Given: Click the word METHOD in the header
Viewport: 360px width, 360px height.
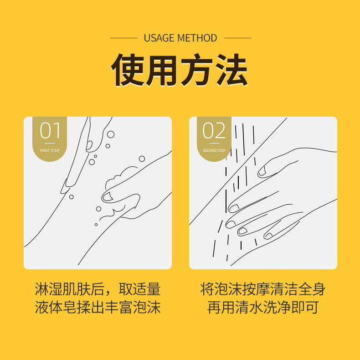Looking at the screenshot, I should click(197, 38).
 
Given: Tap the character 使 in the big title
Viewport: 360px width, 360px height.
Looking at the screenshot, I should click(128, 70).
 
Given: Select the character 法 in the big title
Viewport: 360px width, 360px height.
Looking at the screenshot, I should click(231, 70).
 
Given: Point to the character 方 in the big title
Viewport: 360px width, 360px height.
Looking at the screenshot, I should click(197, 70).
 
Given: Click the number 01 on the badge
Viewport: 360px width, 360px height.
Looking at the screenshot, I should click(50, 131).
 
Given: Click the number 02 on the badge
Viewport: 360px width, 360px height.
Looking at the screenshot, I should click(214, 131).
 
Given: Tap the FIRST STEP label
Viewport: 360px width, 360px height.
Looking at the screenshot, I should click(50, 150).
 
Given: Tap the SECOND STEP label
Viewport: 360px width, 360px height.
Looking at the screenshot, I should click(214, 150).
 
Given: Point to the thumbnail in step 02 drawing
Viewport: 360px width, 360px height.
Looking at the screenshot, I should click(262, 172).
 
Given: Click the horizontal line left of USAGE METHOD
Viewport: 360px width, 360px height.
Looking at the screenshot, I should click(123, 38).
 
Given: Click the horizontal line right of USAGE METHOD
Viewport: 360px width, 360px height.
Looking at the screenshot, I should click(237, 38).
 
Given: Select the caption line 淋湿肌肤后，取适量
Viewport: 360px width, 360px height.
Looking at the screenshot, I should click(98, 289).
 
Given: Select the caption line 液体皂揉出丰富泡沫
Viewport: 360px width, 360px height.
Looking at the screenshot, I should click(98, 308).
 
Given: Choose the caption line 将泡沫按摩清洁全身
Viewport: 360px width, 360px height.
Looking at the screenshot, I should click(263, 289).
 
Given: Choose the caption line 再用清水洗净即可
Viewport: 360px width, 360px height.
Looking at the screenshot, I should click(263, 308).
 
